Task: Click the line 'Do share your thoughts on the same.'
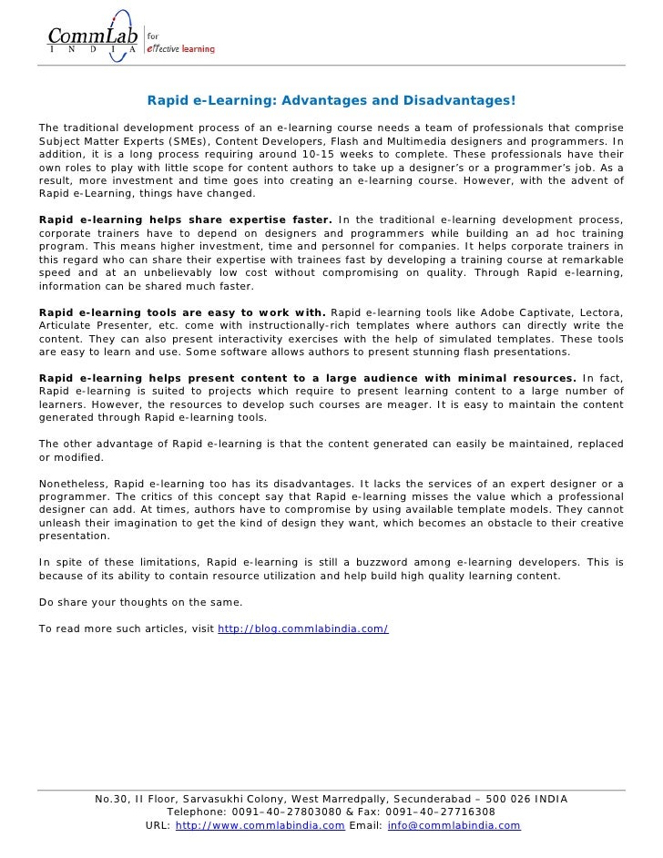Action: [141, 602]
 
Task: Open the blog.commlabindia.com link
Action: [303, 628]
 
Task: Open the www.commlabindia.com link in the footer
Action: [260, 825]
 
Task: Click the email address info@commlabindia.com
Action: [454, 825]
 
